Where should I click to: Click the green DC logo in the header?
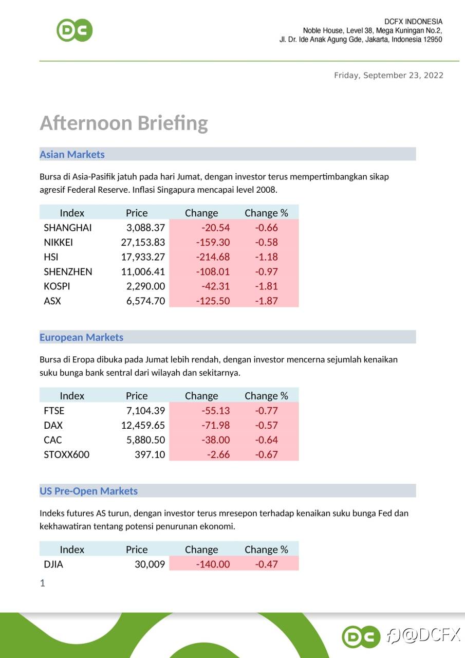[x=75, y=30]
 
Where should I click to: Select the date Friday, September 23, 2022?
[x=388, y=76]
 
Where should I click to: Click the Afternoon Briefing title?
[x=124, y=123]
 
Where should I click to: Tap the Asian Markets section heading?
[x=72, y=154]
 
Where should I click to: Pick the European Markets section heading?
[x=81, y=337]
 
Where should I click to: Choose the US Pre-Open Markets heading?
[x=88, y=491]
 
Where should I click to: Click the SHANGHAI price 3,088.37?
[x=145, y=228]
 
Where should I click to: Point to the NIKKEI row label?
[x=58, y=242]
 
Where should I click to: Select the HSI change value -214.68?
[x=213, y=257]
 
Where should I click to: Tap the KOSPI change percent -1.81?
[x=266, y=286]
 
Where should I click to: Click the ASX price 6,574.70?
[x=145, y=301]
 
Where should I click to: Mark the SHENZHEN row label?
[x=68, y=271]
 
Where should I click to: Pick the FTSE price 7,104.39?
[x=145, y=411]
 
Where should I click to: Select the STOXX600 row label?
[x=66, y=454]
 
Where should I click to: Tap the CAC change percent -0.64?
[x=266, y=440]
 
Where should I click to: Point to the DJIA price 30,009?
[x=150, y=564]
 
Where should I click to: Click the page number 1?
[x=43, y=583]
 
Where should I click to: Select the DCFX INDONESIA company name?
[x=413, y=22]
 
